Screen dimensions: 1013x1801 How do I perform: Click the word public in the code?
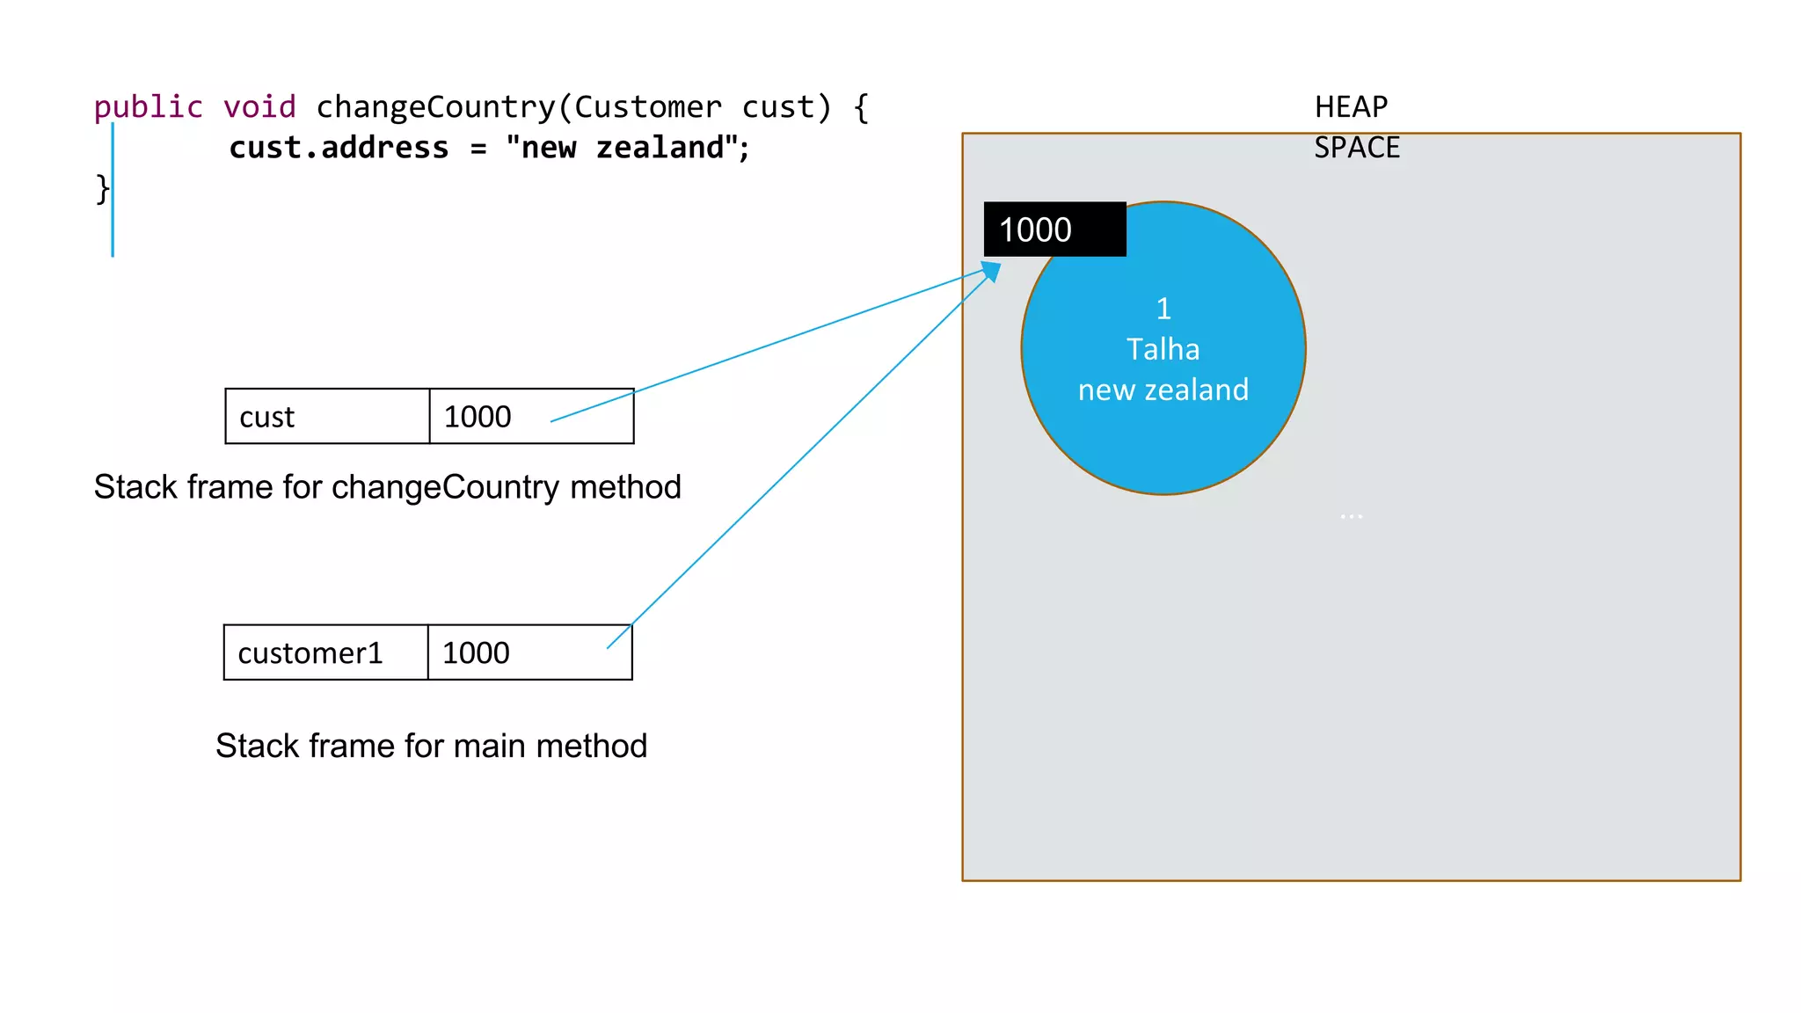(148, 107)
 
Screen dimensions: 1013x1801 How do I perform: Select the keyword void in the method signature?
(259, 107)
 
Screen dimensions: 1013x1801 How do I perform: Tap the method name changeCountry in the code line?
(435, 107)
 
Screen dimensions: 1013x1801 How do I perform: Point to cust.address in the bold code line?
(339, 148)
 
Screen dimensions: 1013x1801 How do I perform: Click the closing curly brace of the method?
(102, 188)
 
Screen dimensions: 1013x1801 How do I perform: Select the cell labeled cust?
(326, 417)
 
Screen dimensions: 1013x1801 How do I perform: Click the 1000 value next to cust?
(478, 417)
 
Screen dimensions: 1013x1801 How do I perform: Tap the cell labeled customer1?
(325, 653)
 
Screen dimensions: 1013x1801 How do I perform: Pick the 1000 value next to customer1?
(476, 653)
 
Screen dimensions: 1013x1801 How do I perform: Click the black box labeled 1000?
(1054, 230)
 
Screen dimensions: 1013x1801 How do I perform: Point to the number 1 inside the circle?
(1163, 310)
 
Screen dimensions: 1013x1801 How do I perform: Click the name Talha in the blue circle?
(1163, 350)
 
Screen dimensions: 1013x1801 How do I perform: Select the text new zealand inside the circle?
(1163, 390)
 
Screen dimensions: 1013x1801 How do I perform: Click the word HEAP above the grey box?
(1351, 107)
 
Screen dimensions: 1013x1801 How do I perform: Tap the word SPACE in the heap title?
(1356, 148)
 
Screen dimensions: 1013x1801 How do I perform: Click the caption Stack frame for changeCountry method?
(387, 487)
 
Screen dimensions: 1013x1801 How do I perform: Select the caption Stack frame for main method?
(431, 747)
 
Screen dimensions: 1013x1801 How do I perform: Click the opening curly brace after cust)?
(861, 107)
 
